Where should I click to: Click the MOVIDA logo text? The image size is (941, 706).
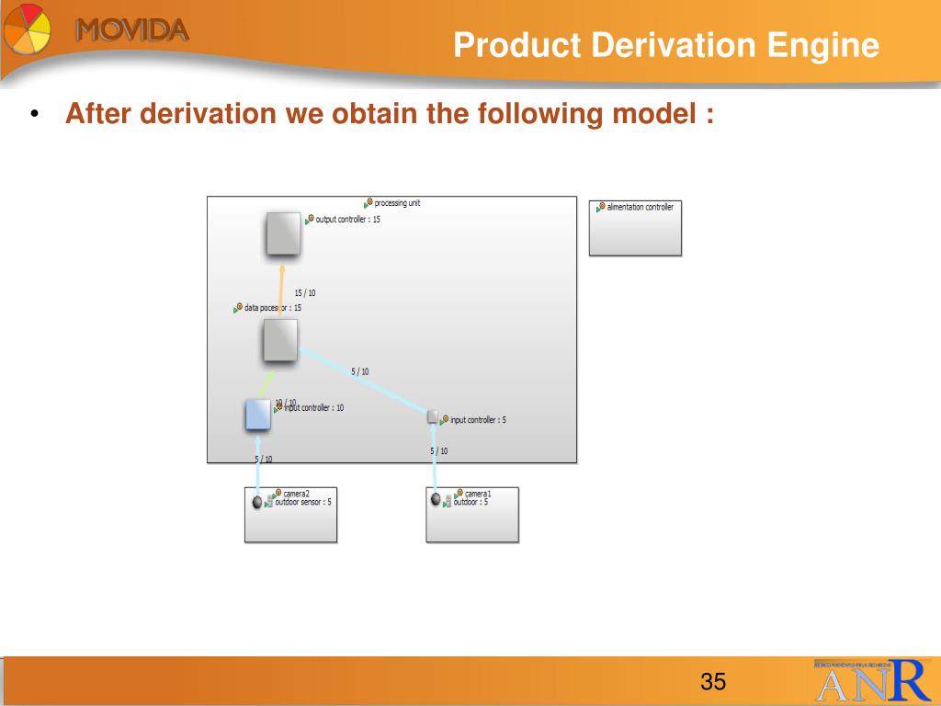click(x=132, y=29)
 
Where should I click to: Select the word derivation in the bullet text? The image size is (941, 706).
click(x=212, y=115)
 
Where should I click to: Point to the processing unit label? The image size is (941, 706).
click(x=397, y=203)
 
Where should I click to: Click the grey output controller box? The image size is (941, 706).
click(x=283, y=233)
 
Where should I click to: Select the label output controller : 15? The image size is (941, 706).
click(x=347, y=220)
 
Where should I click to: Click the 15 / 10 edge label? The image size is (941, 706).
click(x=305, y=293)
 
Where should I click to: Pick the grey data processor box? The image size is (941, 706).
click(x=280, y=340)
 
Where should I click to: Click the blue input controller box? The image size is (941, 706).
click(x=257, y=415)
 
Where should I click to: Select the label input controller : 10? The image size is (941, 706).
click(x=313, y=408)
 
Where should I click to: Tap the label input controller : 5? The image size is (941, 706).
click(x=478, y=420)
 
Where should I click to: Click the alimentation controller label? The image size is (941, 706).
click(x=640, y=208)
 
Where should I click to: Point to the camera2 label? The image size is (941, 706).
click(x=296, y=494)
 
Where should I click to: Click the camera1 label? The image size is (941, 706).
click(x=478, y=494)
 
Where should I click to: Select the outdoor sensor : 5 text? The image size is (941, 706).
click(x=303, y=503)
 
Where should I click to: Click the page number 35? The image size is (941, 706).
click(x=713, y=682)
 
